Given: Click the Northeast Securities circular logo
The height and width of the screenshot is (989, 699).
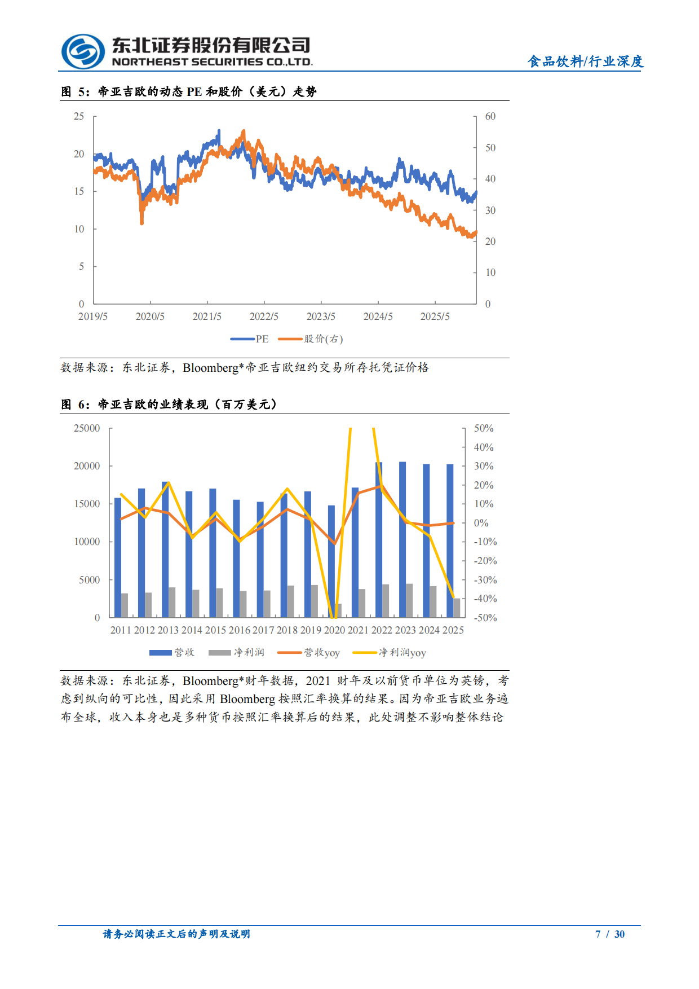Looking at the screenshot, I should coord(83,51).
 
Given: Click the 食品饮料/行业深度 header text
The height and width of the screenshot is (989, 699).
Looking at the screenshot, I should coord(585,61).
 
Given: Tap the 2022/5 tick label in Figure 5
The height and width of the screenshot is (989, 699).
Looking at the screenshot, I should coord(264,317).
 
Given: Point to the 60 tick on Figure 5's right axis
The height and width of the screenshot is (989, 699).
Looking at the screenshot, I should coord(490,116).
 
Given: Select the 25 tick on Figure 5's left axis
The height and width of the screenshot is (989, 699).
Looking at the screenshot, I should coord(79,116).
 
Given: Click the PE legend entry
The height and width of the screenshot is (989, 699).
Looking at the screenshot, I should coord(250,339).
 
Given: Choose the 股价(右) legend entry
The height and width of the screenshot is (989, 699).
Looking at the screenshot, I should coord(312,339).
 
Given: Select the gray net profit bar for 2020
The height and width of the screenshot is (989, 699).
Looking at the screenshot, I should coord(338,610).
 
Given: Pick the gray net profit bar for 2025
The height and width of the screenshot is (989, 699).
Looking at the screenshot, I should coord(457,608).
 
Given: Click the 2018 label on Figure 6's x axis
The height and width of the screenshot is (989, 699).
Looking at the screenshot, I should coord(287,630).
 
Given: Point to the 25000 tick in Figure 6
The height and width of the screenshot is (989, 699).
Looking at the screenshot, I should coord(87,428).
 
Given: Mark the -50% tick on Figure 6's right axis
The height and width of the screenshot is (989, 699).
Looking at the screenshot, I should coord(485,618).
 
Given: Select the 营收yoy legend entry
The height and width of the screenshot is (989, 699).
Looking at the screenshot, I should coord(309,653).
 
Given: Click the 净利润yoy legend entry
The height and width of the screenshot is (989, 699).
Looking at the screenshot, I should coord(390,653).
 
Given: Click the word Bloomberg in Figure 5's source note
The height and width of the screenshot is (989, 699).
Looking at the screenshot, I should coord(210,368).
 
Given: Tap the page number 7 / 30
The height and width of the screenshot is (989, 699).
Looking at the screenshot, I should coord(610,934).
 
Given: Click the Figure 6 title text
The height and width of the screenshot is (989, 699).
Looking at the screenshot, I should coord(169,405).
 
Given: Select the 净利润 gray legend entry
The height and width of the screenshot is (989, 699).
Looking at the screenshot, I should coord(236,653).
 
